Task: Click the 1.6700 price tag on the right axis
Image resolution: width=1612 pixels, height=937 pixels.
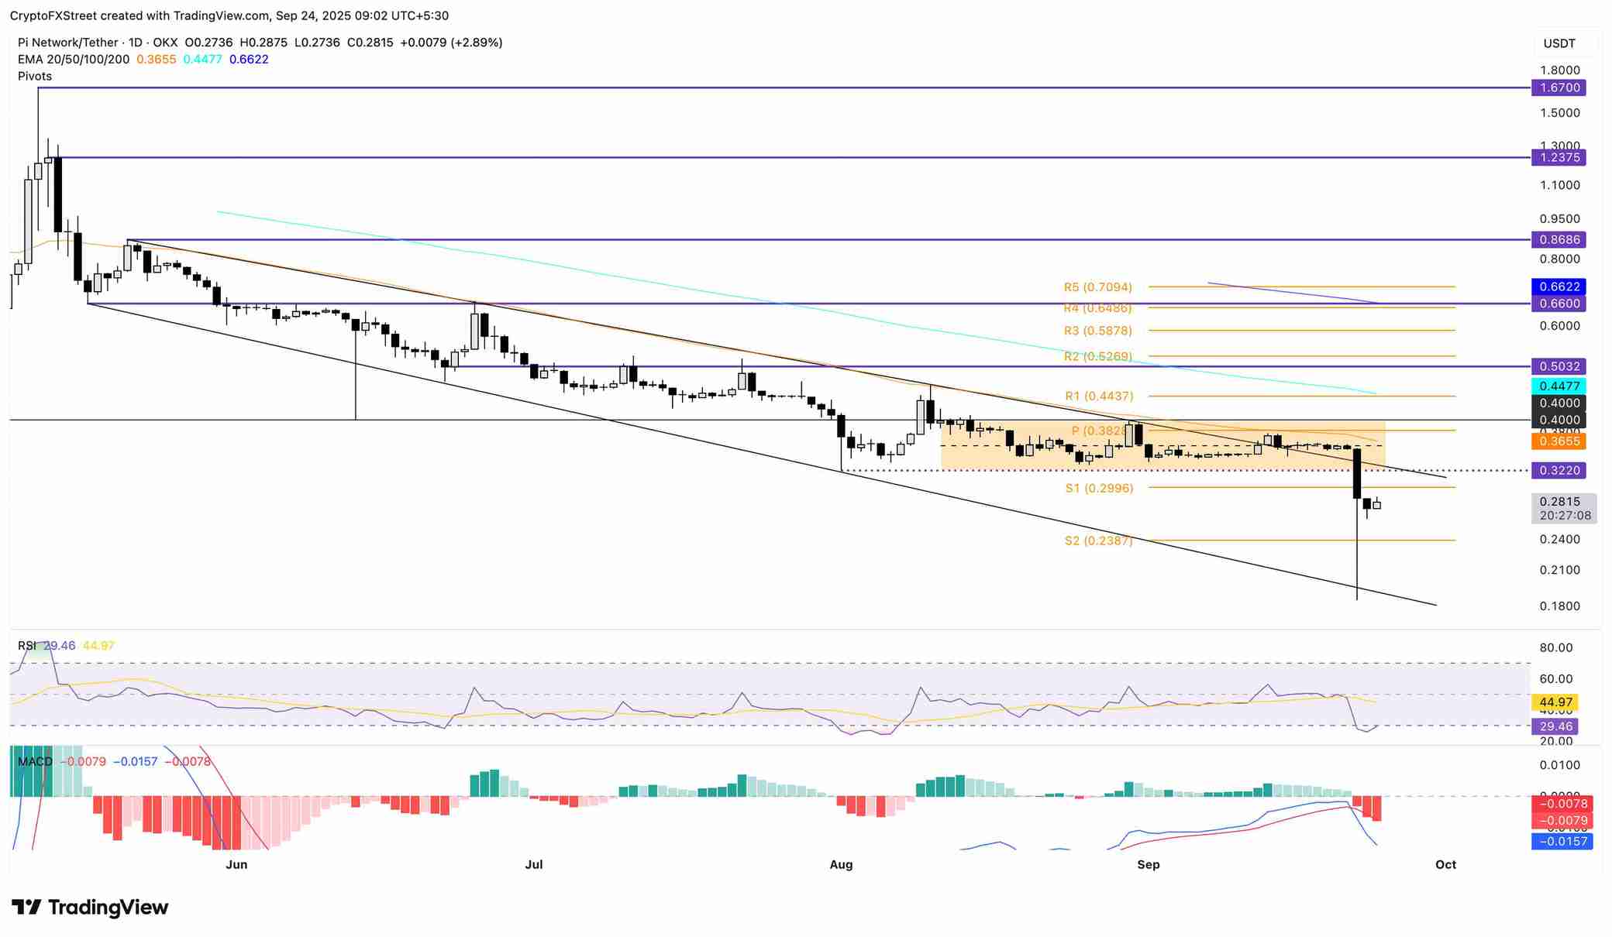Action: coord(1558,88)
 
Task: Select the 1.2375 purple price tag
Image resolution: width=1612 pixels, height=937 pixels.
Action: coord(1558,158)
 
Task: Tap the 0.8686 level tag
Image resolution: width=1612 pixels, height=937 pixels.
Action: coord(1558,240)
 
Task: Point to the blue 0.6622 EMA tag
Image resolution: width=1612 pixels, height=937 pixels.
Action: coord(1558,287)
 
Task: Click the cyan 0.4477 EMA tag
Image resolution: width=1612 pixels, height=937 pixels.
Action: coord(1558,386)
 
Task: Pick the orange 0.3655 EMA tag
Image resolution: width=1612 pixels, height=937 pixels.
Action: coord(1558,441)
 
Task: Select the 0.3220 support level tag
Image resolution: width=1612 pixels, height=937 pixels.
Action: coord(1558,471)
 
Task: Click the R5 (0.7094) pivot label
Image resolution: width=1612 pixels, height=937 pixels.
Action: coord(1097,287)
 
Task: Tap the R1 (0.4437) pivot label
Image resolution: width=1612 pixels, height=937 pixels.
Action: coord(1098,396)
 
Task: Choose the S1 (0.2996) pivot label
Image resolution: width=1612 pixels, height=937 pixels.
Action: coord(1098,489)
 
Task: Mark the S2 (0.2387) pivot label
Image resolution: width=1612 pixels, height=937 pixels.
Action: coord(1098,541)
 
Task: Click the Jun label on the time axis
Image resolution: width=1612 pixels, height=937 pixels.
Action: coord(236,865)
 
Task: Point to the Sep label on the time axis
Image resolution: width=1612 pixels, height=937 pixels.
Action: coord(1148,865)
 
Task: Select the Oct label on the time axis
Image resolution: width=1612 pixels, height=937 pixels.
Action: coord(1445,865)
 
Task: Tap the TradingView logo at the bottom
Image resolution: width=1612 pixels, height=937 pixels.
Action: coord(90,908)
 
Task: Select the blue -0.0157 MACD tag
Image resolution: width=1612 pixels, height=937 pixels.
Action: coord(1562,842)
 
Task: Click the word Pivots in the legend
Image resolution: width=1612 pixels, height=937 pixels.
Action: coord(35,77)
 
